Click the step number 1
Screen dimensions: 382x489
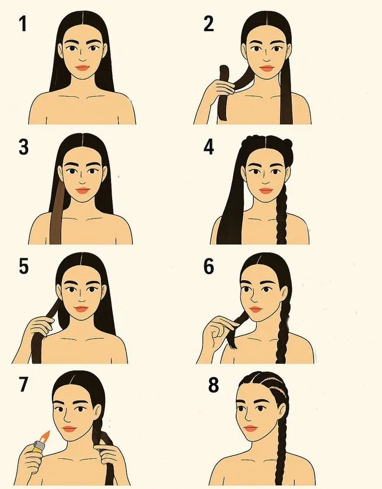click(23, 24)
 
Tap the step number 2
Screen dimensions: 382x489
click(208, 24)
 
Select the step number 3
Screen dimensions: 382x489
click(24, 147)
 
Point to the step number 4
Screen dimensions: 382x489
click(208, 147)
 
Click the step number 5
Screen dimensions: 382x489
click(24, 266)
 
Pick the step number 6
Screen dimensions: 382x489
click(209, 267)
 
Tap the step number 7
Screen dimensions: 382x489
click(24, 384)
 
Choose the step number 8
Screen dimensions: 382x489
click(214, 385)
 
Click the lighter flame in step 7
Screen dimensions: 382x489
click(45, 437)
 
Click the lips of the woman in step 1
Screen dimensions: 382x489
click(83, 68)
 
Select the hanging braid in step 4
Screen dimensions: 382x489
click(281, 215)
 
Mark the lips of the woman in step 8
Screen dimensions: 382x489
click(250, 428)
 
